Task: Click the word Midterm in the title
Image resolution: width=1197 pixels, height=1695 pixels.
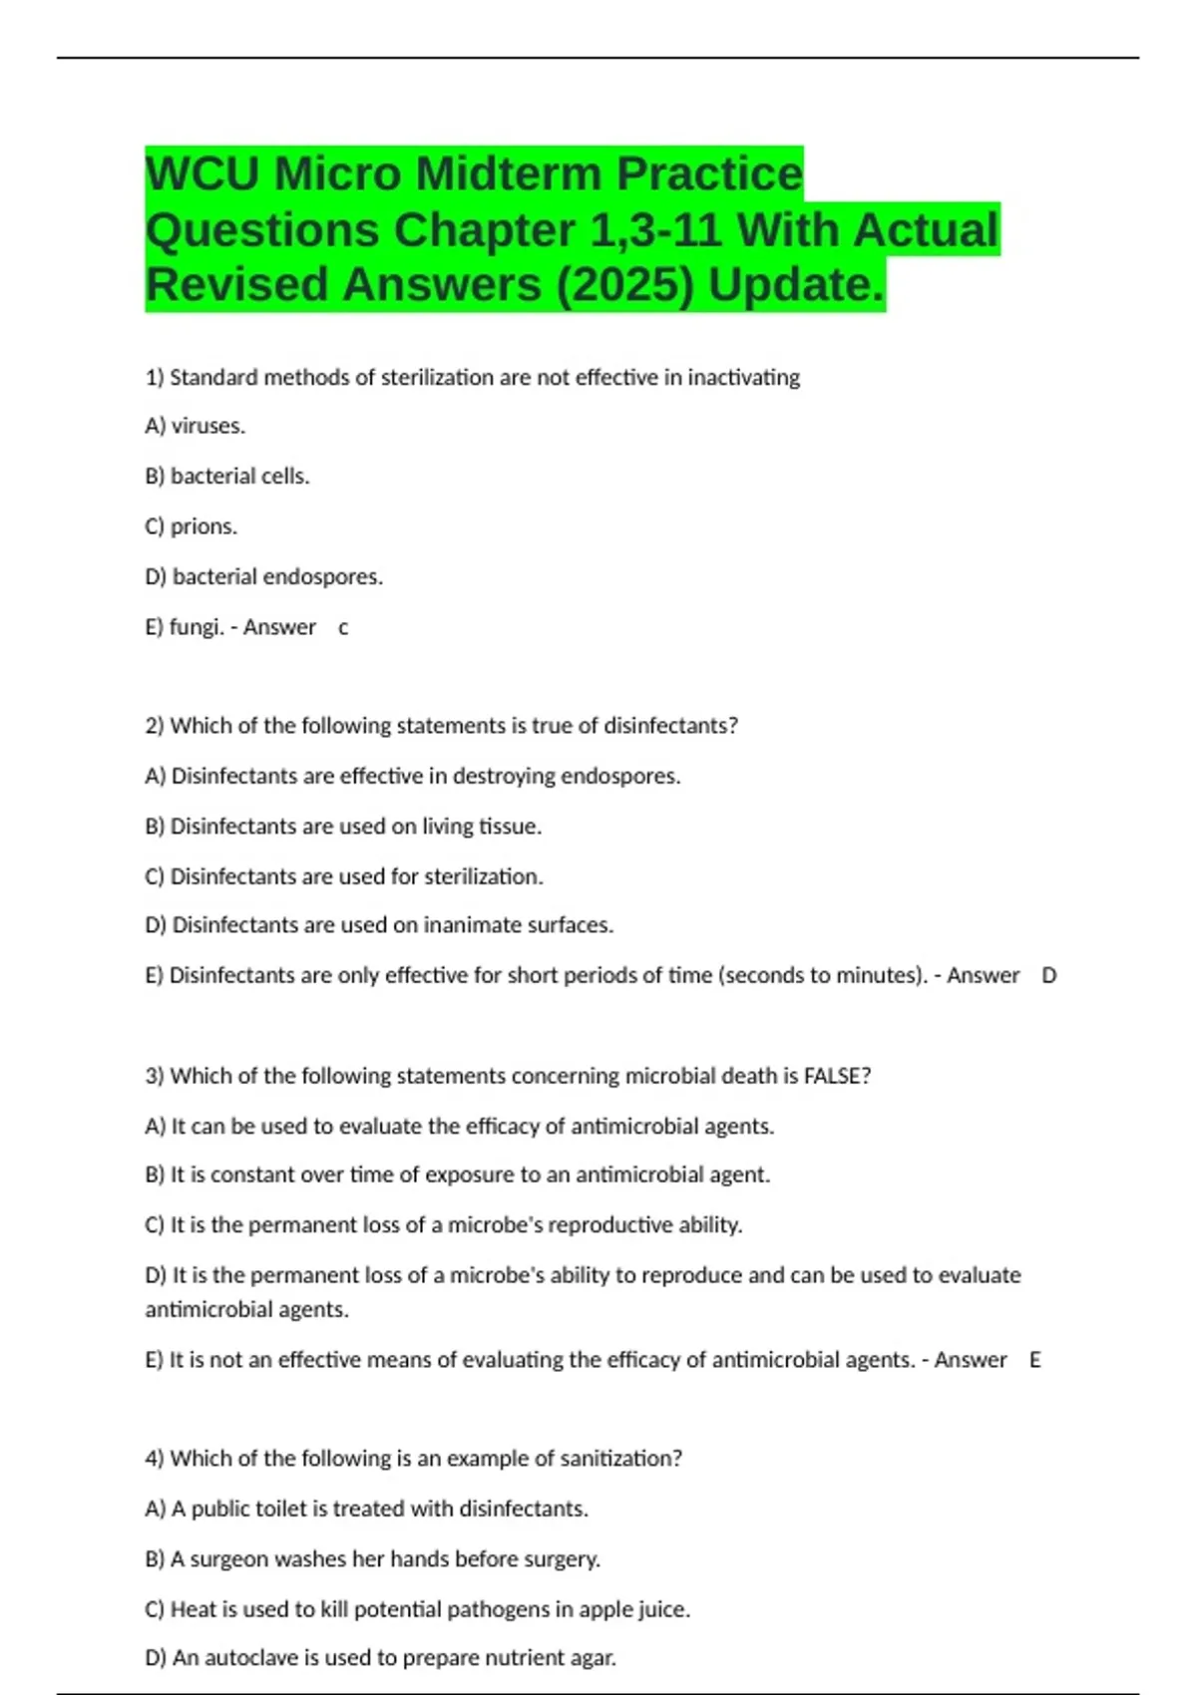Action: click(x=509, y=173)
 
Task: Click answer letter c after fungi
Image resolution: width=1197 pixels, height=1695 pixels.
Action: click(x=343, y=627)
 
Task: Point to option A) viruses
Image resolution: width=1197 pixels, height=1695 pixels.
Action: click(x=196, y=426)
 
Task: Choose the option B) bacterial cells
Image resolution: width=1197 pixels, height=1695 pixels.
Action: click(x=227, y=477)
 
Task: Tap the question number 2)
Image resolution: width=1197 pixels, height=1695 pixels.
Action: click(x=155, y=726)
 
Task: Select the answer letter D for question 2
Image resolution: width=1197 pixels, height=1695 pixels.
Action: click(x=1048, y=975)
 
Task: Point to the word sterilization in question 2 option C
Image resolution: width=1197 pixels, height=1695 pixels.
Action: click(x=483, y=876)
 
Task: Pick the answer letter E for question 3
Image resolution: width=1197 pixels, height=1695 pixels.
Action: click(x=1034, y=1360)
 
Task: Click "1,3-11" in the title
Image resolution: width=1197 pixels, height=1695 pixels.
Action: click(x=656, y=229)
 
